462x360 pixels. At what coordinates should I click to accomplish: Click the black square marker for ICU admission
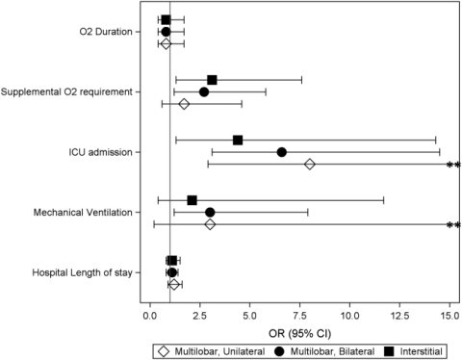pos(238,141)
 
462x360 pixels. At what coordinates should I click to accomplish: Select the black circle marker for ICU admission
pos(282,152)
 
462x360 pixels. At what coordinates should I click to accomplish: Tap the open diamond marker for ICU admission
pos(310,165)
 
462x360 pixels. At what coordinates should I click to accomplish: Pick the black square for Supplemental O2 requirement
pos(212,80)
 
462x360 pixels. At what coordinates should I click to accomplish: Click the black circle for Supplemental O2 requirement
pos(204,92)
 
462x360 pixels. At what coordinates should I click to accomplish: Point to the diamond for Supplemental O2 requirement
pos(184,104)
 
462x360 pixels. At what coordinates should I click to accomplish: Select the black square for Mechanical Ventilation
pos(192,200)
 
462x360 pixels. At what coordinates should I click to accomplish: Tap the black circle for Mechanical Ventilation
pos(210,213)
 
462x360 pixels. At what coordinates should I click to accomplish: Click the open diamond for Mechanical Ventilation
pos(210,224)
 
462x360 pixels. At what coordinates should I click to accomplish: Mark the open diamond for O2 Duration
pos(166,43)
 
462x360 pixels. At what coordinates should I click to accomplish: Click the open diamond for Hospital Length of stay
pos(174,285)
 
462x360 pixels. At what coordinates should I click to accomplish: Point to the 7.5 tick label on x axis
pos(299,316)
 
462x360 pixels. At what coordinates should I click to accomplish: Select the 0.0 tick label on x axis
pos(150,316)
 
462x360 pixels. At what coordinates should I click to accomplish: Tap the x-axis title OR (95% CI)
pos(299,334)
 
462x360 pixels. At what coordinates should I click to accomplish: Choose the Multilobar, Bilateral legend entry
pos(324,351)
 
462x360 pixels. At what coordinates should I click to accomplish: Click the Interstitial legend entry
pos(413,351)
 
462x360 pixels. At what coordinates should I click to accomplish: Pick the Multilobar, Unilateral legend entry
pos(212,351)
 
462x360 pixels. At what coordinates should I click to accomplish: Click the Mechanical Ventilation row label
pos(83,213)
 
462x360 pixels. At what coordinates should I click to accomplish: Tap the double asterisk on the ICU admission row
pos(453,165)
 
